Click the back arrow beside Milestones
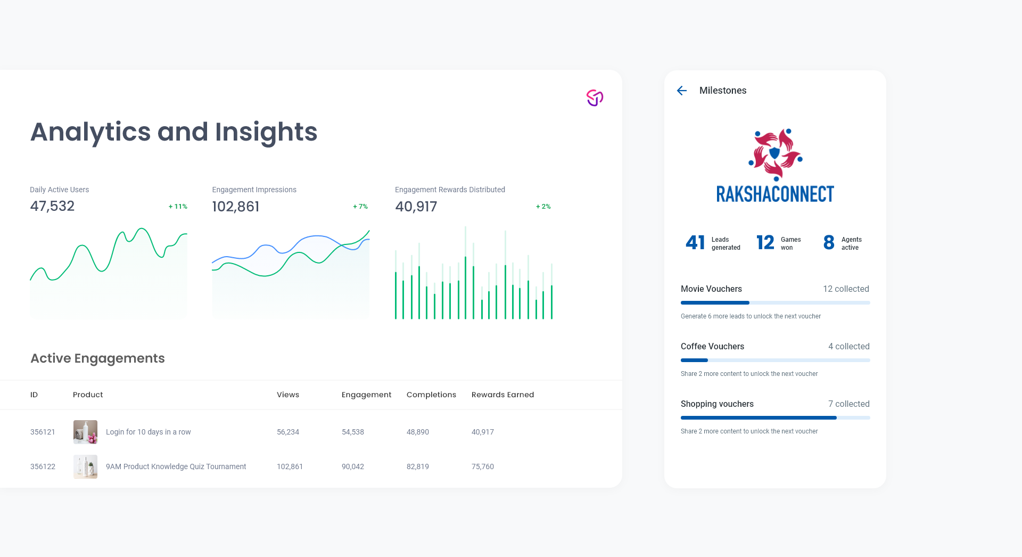point(682,91)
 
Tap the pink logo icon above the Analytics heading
point(595,97)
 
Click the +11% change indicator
point(178,207)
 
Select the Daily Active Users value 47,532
point(52,206)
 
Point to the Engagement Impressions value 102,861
point(235,207)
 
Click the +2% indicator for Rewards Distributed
point(543,207)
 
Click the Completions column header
point(431,395)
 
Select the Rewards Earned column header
point(502,395)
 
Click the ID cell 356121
point(43,432)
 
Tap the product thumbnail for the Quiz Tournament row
point(85,466)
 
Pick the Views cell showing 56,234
point(288,432)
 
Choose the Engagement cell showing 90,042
point(353,466)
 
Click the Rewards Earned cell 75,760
point(483,466)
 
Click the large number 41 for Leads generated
point(695,243)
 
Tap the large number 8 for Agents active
point(829,243)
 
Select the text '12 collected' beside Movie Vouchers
point(846,289)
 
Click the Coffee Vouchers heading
point(712,346)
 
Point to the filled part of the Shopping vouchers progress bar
point(759,418)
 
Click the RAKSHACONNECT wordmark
point(775,194)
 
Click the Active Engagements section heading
point(97,358)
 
